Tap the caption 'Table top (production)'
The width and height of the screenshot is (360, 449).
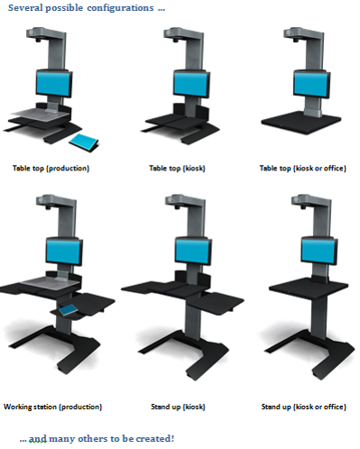51,169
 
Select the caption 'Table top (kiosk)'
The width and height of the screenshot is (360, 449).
177,169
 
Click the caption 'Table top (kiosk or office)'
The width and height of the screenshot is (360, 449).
303,169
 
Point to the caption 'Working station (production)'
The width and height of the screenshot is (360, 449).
52,407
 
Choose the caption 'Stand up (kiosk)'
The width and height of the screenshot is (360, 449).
178,407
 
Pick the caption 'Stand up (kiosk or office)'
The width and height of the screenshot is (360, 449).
304,407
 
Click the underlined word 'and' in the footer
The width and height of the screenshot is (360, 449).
38,439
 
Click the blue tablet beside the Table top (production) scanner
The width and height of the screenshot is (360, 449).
84,142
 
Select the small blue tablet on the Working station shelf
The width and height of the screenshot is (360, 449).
69,310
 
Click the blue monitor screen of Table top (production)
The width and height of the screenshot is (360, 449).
53,84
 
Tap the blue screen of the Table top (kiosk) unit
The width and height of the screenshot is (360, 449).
190,84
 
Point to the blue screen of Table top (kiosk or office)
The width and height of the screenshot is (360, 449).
310,84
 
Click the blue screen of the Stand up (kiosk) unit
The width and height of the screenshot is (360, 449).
193,251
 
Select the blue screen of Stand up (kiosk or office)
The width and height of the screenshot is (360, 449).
318,251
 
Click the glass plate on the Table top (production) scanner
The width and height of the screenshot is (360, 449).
41,114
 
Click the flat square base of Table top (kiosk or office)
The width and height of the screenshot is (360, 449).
301,123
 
